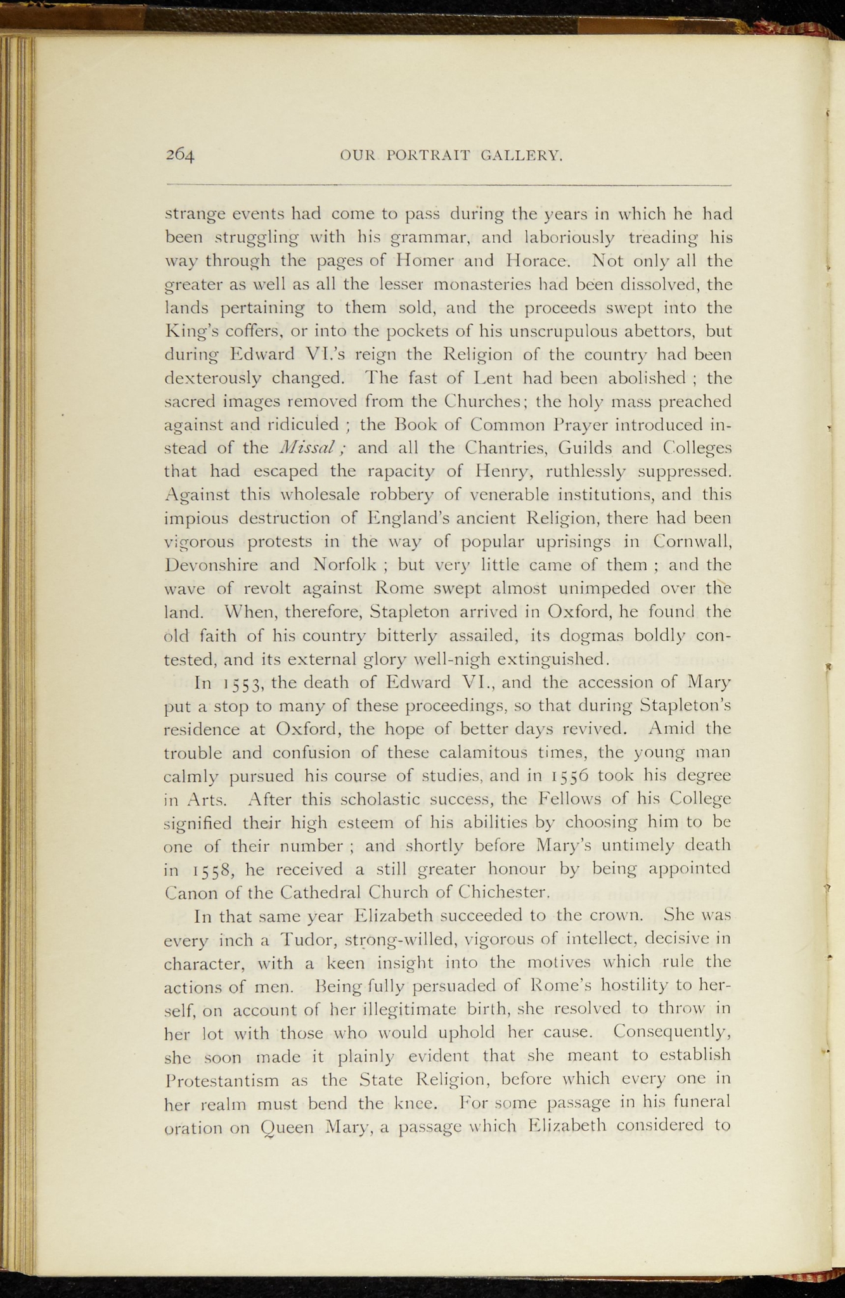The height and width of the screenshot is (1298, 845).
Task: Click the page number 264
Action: [x=179, y=155]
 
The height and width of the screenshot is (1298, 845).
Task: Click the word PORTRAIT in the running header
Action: [x=424, y=155]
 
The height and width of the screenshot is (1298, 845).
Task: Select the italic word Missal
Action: [x=308, y=448]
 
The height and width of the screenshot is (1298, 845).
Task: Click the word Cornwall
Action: [x=691, y=542]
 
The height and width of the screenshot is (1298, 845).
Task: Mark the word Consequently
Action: [x=672, y=1032]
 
